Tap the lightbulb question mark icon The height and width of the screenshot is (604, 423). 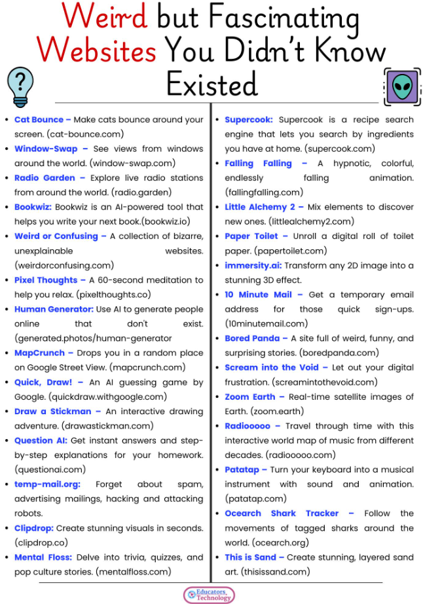click(20, 86)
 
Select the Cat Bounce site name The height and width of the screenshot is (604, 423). click(39, 120)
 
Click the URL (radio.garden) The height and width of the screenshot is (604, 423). click(141, 192)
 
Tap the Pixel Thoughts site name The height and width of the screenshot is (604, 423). click(46, 280)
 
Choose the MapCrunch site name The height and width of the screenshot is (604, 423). click(40, 353)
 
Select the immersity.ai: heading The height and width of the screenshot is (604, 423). click(253, 266)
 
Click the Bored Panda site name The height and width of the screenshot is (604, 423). click(253, 338)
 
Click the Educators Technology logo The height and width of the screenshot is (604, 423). click(209, 595)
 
